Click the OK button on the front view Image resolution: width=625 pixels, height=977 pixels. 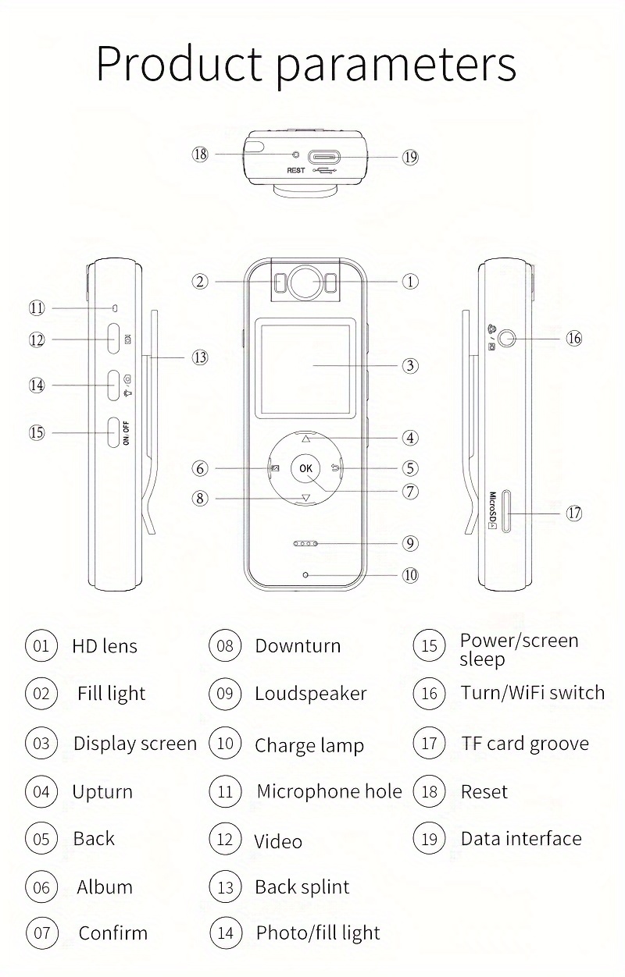pos(305,468)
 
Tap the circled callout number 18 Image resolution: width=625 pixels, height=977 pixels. pos(201,154)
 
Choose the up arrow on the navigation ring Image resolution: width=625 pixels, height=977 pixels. pos(305,439)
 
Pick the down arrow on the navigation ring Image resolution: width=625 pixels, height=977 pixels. pos(305,499)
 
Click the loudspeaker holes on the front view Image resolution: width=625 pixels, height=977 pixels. pos(305,543)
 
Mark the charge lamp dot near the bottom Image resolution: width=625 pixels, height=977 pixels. pos(305,575)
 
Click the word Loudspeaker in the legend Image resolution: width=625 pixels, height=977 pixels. pos(310,694)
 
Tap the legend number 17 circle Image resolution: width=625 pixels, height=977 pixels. pos(429,743)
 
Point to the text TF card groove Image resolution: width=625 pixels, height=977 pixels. pos(525,744)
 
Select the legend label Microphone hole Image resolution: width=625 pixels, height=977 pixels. pos(329,791)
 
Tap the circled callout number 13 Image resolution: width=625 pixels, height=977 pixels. pos(201,357)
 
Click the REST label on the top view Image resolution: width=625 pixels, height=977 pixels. pos(296,170)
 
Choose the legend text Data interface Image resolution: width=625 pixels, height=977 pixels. pos(521,839)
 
